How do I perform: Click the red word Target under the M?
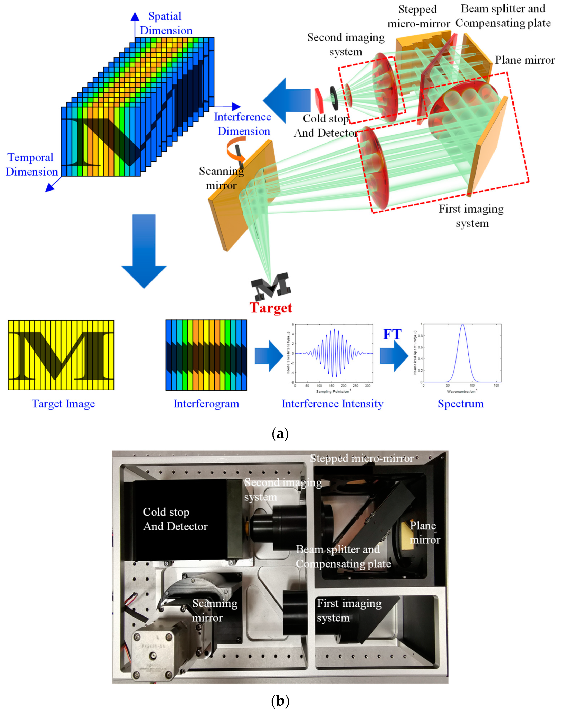[271, 308]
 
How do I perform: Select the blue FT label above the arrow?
[392, 334]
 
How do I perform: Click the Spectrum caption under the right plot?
[461, 404]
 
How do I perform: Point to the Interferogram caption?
[206, 404]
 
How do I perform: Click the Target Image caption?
[63, 404]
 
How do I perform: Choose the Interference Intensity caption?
[332, 404]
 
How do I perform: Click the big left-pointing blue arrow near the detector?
[287, 100]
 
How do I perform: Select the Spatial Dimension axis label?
[166, 23]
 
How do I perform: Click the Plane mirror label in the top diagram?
[525, 60]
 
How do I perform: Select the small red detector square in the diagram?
[319, 99]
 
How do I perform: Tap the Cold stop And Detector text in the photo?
[175, 519]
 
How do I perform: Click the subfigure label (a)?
[280, 434]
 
